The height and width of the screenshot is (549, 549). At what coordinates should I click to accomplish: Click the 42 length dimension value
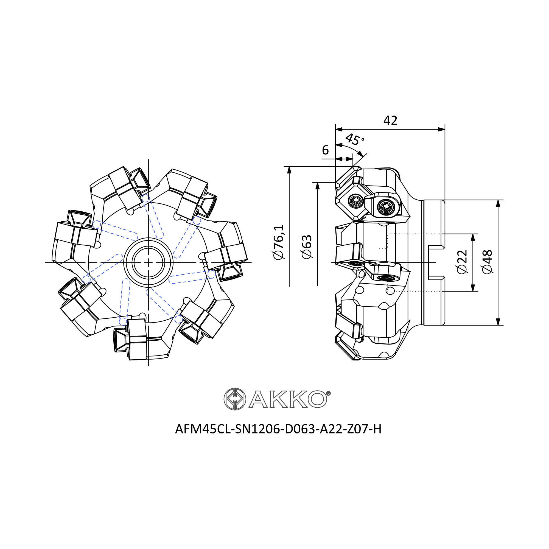coord(390,121)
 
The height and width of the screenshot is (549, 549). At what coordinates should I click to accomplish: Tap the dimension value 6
coord(325,150)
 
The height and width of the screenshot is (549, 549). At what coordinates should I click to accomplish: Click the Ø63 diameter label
coord(307,247)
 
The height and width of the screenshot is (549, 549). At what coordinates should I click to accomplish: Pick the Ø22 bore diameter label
coord(462,262)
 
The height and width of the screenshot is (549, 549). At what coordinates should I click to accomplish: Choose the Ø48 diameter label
coord(488,262)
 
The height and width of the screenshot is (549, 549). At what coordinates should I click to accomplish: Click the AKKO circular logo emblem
coord(235,399)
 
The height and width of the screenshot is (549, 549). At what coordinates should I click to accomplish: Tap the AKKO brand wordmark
coord(288,399)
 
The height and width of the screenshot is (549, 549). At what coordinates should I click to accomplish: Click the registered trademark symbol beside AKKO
coord(329,393)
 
